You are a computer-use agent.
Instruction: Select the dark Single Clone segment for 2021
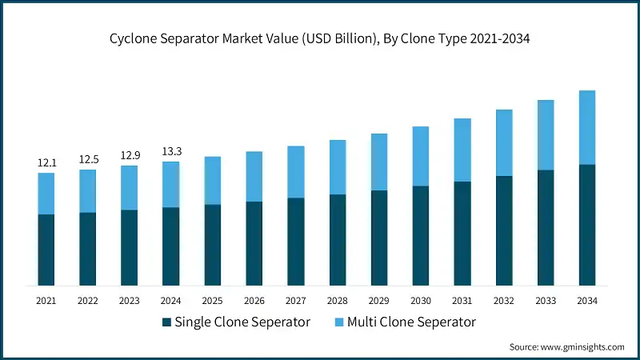46,250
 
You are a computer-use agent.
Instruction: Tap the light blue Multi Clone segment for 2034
586,127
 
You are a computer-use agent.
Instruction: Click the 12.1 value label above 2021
46,163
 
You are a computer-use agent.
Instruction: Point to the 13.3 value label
171,152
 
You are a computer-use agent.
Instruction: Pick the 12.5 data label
88,159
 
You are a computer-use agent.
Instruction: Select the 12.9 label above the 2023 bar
130,155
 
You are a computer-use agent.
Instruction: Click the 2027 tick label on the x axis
296,300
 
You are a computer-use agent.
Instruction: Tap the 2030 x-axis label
421,300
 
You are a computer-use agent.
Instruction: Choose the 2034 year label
586,300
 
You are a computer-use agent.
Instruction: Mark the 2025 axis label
213,300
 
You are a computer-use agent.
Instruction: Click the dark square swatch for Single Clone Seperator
166,322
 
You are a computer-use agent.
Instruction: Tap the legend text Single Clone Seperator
242,322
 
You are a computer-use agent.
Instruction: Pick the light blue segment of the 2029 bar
379,162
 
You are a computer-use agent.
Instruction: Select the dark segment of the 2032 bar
504,230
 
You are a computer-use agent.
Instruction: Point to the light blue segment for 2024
171,184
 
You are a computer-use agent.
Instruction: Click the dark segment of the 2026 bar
254,243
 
